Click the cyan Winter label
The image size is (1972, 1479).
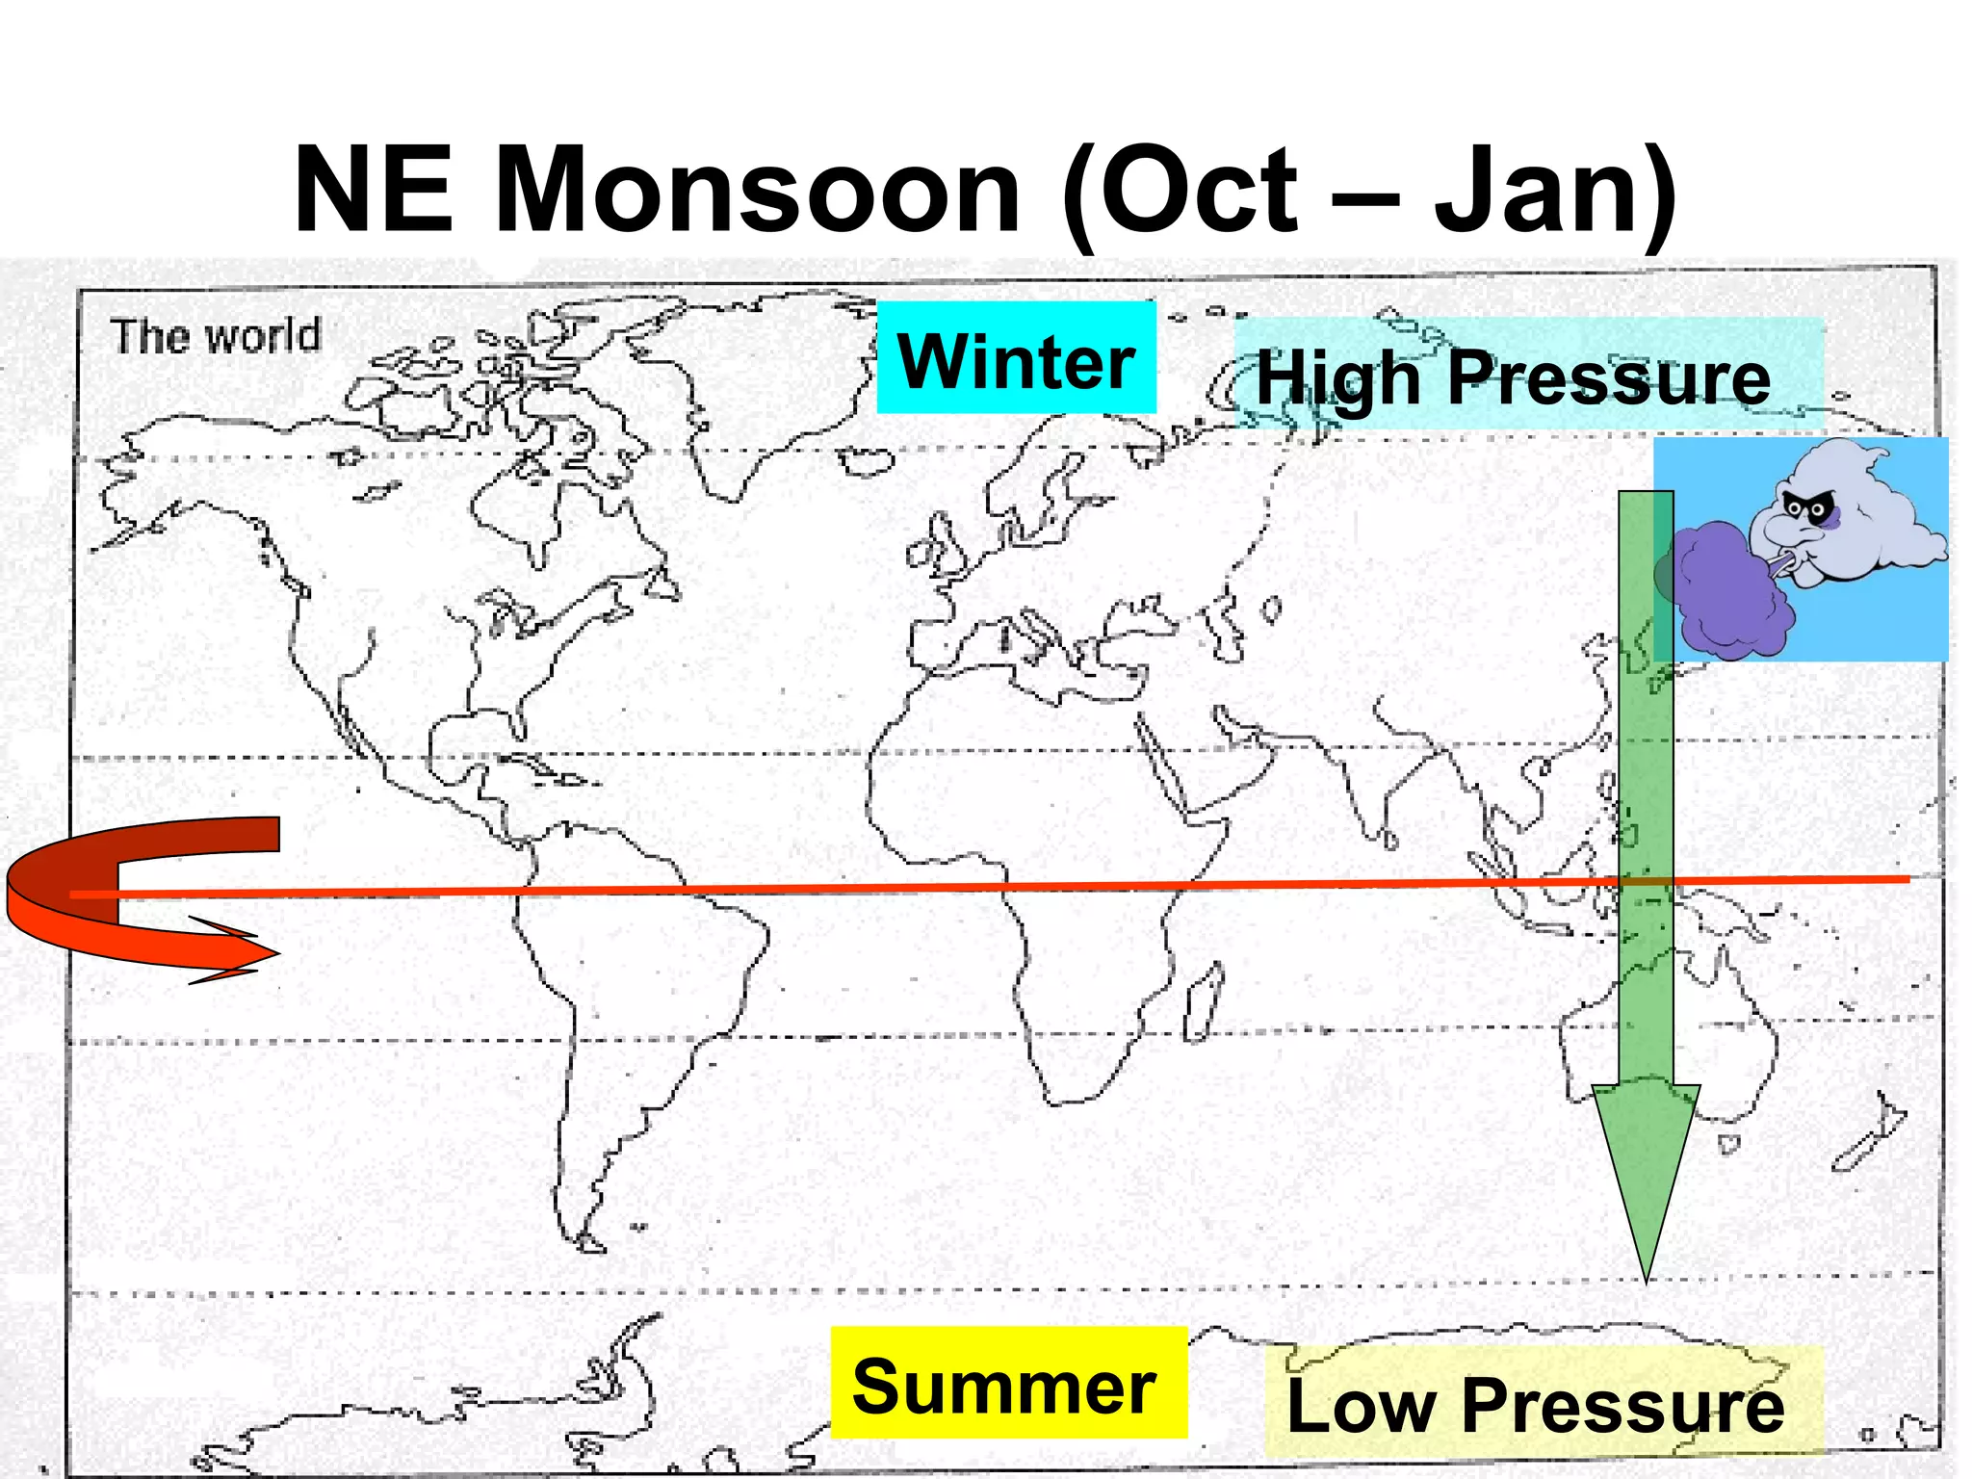(x=1016, y=359)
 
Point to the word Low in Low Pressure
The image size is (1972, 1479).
(x=1360, y=1406)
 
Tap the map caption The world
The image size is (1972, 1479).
(x=216, y=337)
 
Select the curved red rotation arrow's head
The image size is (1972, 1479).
(x=260, y=954)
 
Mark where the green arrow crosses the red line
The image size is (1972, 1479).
(x=1647, y=882)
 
